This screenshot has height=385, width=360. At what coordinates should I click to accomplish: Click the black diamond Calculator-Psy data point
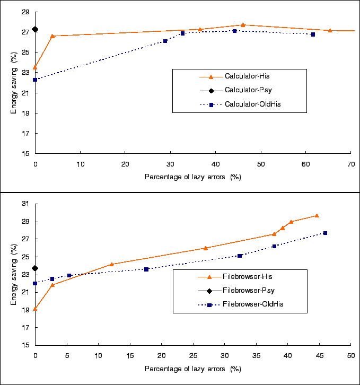tap(35, 29)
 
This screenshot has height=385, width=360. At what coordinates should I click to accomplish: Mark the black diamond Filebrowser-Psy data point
tap(35, 268)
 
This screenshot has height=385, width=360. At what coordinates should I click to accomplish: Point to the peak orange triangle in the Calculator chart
tap(243, 25)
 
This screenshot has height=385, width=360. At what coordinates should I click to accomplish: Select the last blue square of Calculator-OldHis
tap(313, 34)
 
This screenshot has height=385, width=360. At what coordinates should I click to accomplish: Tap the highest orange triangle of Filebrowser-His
tap(317, 215)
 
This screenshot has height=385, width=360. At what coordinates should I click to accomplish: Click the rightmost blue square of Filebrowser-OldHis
tap(325, 233)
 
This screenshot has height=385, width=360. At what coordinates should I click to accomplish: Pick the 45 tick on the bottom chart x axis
tap(319, 355)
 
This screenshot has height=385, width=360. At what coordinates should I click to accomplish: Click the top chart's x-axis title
tap(192, 177)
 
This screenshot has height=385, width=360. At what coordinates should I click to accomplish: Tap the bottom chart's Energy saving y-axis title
tap(15, 274)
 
